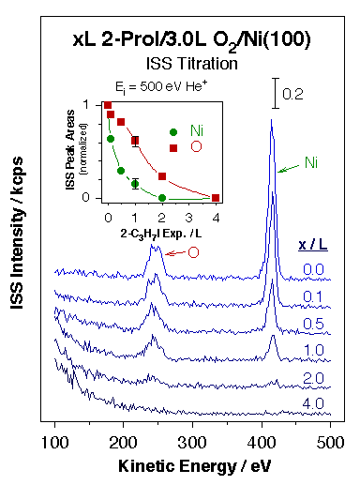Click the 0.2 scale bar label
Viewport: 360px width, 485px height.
click(x=293, y=95)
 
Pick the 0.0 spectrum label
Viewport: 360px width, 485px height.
click(x=313, y=270)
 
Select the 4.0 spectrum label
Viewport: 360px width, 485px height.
click(x=313, y=403)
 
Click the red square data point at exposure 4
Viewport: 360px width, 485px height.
click(x=217, y=197)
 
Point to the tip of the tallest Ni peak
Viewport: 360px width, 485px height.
click(x=271, y=120)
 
